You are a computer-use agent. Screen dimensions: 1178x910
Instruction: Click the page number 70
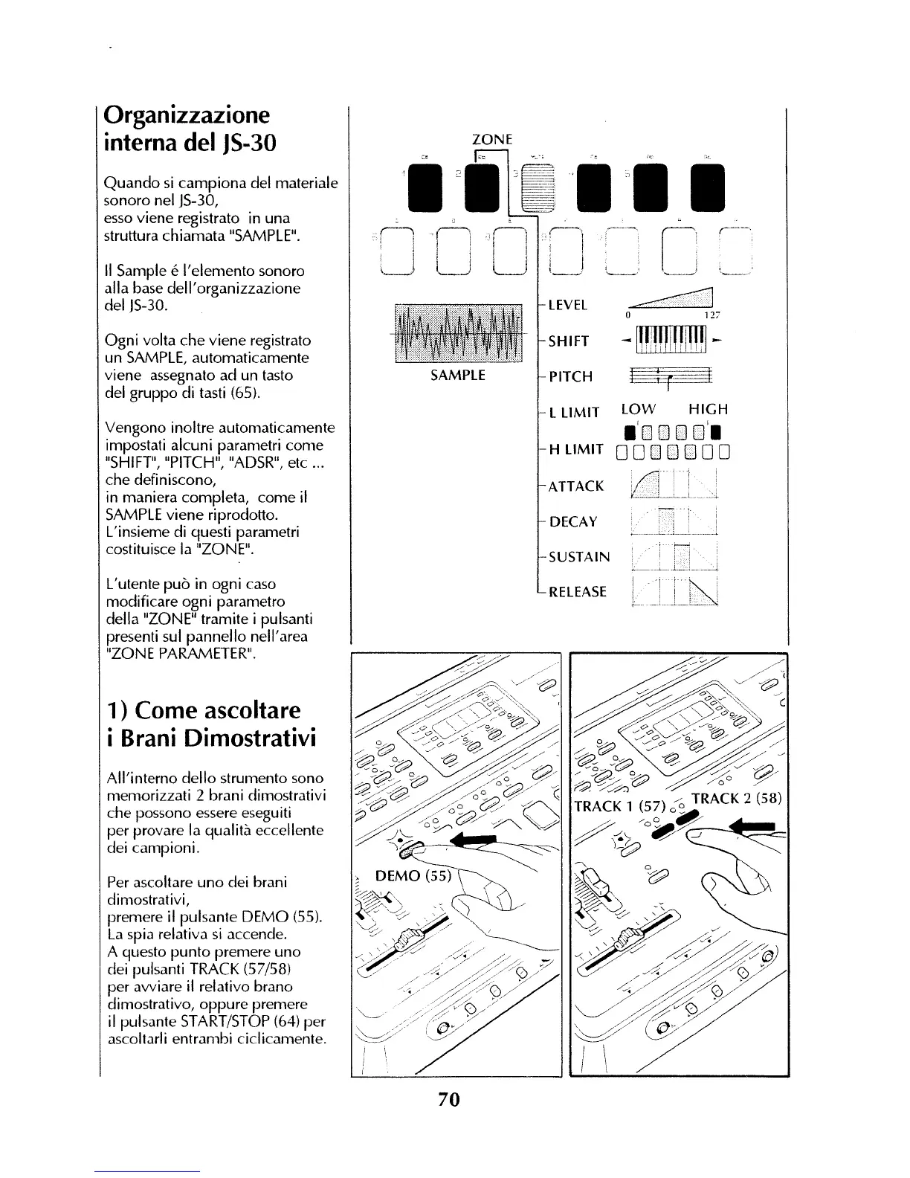449,1098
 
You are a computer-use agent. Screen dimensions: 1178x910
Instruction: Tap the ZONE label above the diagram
493,138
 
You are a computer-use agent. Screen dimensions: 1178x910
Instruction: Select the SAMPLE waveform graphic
457,332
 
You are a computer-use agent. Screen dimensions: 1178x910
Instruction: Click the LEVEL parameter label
568,305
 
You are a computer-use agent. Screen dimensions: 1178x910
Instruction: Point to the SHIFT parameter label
569,341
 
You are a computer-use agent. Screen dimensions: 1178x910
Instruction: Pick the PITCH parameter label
570,377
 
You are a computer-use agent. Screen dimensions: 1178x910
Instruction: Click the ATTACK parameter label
575,486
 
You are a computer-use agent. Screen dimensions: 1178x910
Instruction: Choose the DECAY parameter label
573,522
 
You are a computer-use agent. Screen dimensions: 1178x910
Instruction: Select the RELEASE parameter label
577,593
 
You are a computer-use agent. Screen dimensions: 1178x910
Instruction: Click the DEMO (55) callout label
413,876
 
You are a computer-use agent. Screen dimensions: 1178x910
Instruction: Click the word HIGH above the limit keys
708,409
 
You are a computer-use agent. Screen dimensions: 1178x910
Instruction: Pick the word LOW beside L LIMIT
639,409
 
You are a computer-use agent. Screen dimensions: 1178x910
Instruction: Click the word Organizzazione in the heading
187,115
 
